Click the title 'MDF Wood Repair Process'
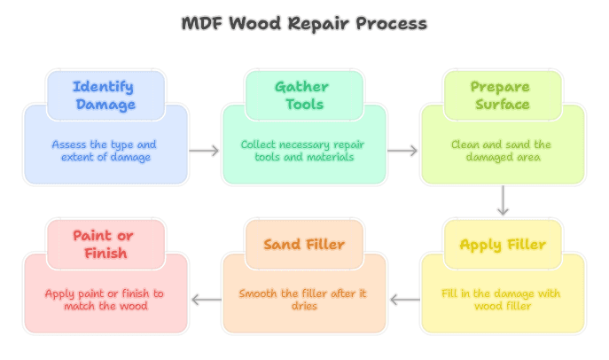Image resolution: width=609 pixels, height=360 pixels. [304, 23]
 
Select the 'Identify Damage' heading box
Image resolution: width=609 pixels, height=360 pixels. [105, 96]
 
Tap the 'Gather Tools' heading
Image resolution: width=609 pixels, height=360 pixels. [303, 96]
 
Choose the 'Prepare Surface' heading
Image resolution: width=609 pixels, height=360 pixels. [502, 96]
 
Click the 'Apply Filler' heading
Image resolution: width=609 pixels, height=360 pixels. [502, 245]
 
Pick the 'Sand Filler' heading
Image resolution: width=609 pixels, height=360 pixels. [303, 245]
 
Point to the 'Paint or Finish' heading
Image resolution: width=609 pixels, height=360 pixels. [105, 245]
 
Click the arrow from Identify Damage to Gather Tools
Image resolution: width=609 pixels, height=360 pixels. [205, 151]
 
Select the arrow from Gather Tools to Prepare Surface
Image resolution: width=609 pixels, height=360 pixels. [403, 151]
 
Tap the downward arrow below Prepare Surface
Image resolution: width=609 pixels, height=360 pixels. [503, 200]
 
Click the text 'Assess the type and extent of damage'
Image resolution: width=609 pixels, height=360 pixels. [105, 151]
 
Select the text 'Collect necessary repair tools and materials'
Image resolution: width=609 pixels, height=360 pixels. [303, 151]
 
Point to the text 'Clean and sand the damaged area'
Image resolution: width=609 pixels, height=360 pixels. [502, 151]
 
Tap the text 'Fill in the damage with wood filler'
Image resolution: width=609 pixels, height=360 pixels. [502, 300]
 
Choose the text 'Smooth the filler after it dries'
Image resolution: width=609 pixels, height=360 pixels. [303, 300]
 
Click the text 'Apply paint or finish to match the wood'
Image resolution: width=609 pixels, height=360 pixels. [105, 300]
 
